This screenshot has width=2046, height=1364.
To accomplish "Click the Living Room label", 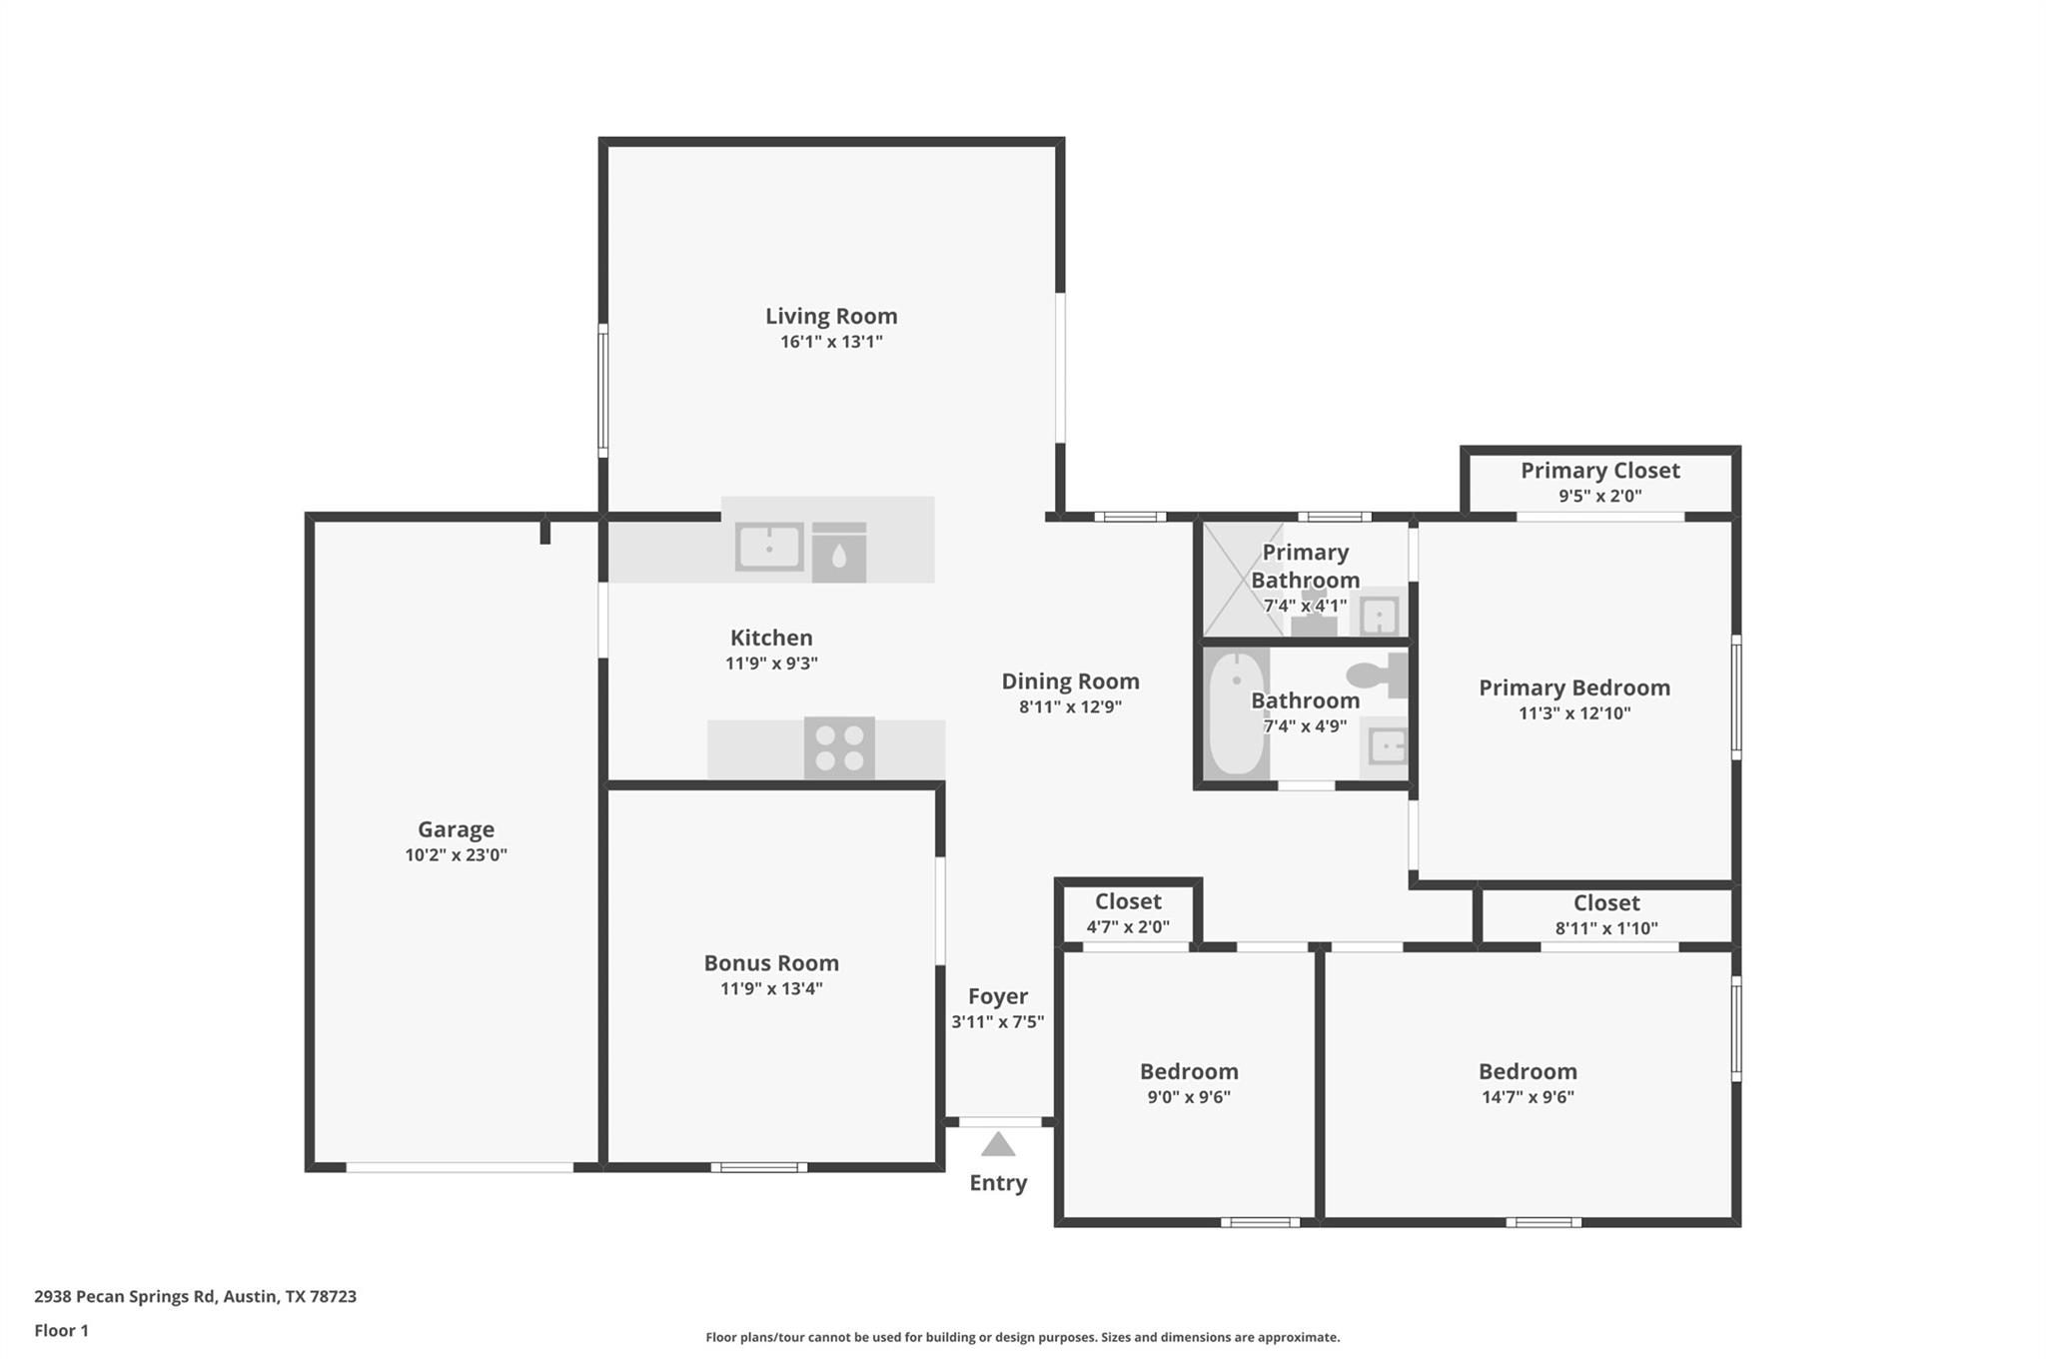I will coord(831,316).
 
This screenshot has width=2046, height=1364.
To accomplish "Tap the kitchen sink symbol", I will coord(769,548).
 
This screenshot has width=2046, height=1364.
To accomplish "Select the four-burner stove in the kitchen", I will coord(839,748).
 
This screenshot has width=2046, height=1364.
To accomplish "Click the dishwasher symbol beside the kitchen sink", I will coord(839,553).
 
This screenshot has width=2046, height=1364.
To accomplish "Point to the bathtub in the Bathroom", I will coord(1237,713).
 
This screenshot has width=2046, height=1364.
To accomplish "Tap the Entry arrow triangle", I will coord(998,1145).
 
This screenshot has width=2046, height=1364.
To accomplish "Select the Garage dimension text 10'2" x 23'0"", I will coord(456,855).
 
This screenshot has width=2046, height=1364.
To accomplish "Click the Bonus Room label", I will coord(771,963).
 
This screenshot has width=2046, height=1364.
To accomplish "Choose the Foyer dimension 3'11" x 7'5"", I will coord(998,1022).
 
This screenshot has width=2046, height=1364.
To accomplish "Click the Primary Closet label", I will coord(1599,471).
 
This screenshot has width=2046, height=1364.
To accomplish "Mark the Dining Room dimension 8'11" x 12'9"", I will coord(1070,707).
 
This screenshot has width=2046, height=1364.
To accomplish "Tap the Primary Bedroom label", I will coord(1573,687).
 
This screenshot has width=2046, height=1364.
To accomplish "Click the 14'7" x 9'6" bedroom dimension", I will coord(1528,1097).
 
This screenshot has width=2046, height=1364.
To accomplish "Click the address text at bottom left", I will coord(195,1297).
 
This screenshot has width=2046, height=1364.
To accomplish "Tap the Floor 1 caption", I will coord(61,1331).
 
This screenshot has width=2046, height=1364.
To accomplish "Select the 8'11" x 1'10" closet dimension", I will coord(1606,928).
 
